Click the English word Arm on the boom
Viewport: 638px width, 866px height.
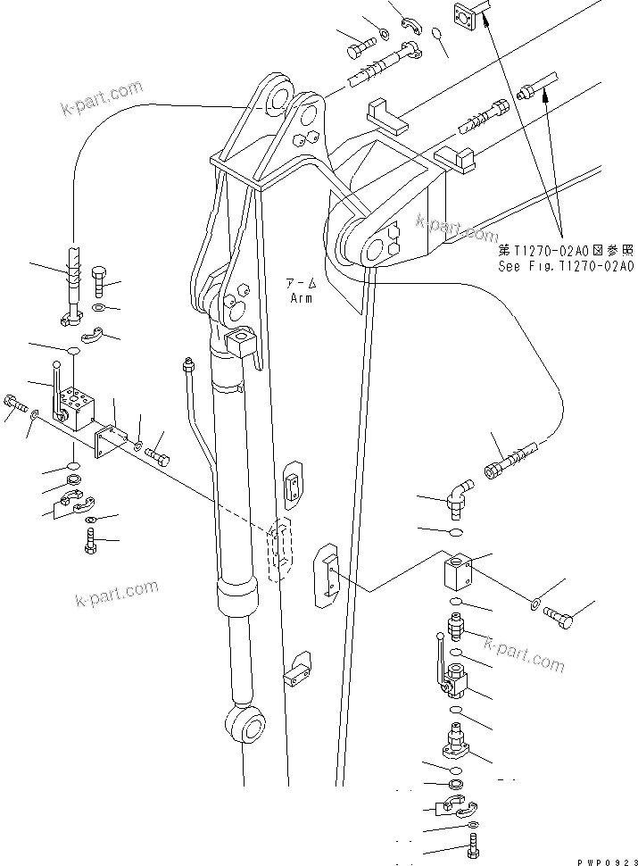(301, 298)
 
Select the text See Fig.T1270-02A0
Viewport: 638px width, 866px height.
(566, 266)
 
